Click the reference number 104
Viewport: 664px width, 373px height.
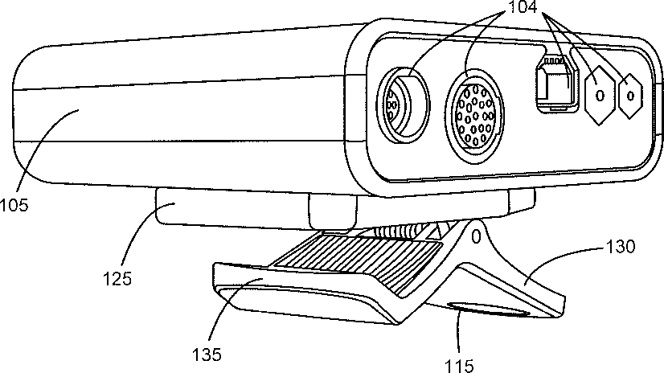pos(523,6)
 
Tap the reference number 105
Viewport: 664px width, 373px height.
pos(14,205)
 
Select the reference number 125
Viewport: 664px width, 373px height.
pos(117,279)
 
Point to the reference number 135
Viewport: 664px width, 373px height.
pos(207,355)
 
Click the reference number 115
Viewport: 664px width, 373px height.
pos(459,366)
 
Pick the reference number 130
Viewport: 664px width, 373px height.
pos(621,247)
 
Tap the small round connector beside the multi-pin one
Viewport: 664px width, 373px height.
pos(403,105)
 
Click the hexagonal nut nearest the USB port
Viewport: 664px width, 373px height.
pos(600,96)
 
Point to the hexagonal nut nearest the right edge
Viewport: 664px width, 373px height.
pos(630,96)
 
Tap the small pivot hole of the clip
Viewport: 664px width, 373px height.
pos(476,236)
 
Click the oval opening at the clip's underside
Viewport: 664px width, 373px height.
pos(488,309)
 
